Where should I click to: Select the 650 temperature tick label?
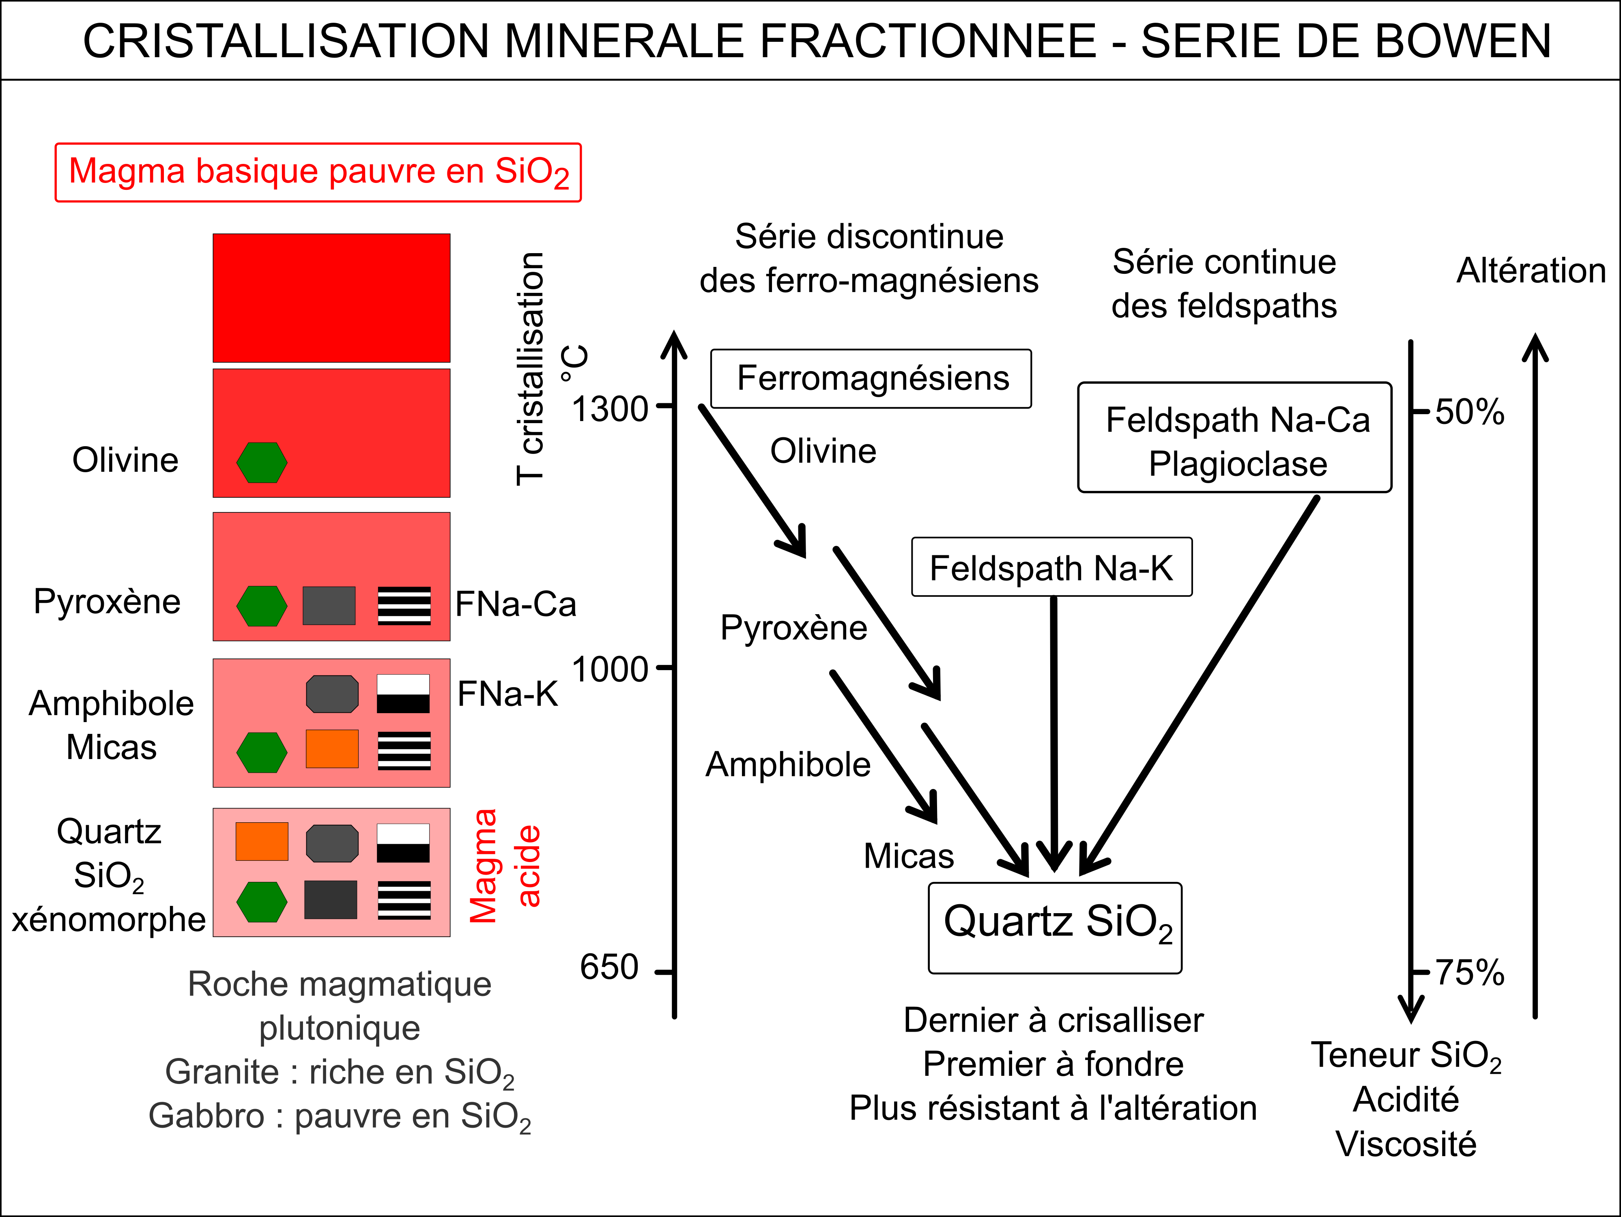point(609,967)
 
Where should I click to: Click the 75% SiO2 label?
point(1469,973)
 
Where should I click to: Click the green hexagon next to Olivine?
point(262,462)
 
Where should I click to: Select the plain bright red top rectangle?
point(331,297)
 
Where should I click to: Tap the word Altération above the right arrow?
point(1531,270)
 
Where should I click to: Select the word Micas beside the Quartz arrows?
point(909,856)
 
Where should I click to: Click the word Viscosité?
point(1406,1144)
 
